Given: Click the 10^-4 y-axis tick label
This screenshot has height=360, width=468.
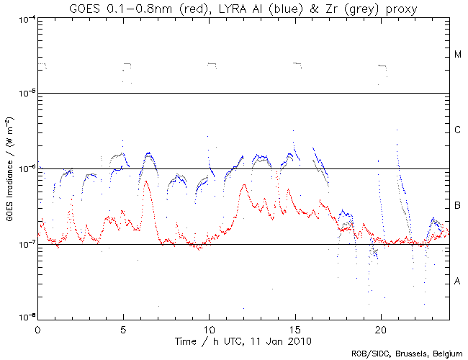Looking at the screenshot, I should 25,18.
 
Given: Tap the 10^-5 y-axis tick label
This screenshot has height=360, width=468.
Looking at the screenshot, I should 25,94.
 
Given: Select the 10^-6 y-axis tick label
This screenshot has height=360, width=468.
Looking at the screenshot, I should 25,169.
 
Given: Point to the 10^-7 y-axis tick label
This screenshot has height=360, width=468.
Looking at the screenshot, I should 25,245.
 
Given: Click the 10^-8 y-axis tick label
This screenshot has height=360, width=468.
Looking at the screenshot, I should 25,317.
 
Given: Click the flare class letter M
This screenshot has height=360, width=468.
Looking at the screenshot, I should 458,55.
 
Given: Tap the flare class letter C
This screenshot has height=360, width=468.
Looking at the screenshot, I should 458,130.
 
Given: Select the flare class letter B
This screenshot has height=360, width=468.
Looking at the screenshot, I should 458,207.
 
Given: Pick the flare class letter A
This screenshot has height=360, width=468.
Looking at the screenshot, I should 458,282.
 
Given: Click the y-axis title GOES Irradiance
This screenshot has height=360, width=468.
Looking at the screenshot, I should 10,168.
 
